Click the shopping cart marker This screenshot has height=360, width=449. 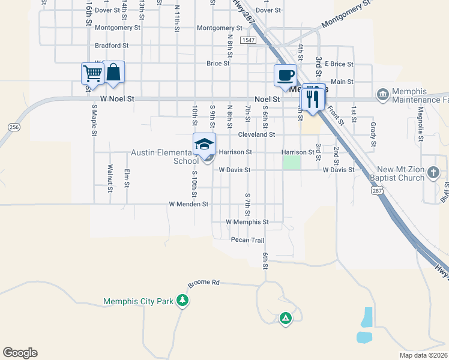point(93,74)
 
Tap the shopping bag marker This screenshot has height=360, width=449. point(113,73)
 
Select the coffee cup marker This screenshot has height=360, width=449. point(285,76)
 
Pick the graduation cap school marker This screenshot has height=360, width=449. point(204,145)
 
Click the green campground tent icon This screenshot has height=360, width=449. point(286,318)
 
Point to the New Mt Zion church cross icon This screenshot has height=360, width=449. point(433,174)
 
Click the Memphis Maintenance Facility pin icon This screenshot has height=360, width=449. point(382,95)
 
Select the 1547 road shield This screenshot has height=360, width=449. point(247,40)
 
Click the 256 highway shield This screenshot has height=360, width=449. point(13,127)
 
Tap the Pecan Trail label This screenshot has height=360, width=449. point(247,240)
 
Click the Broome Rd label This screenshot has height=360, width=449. point(203,282)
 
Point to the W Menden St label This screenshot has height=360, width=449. point(188,204)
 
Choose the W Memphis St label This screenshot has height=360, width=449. point(247,221)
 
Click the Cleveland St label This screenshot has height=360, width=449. point(256,135)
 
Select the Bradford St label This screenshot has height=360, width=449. point(112,46)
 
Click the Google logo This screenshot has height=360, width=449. point(20,353)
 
